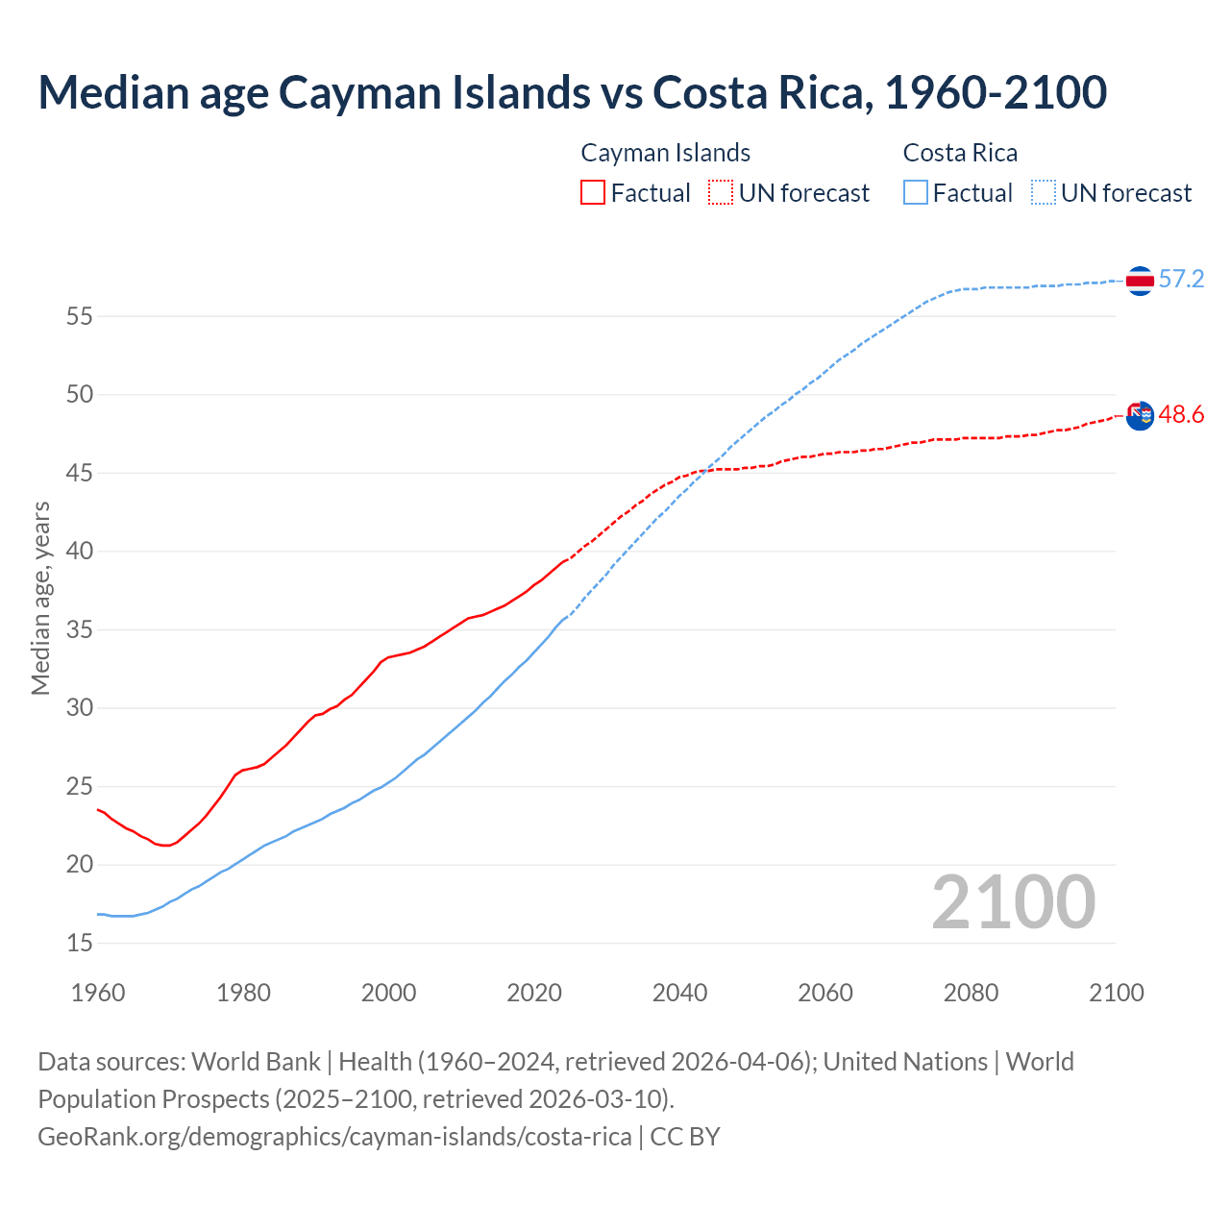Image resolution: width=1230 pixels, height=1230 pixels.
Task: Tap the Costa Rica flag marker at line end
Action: point(1139,281)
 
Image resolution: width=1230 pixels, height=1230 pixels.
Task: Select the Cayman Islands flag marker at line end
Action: point(1139,416)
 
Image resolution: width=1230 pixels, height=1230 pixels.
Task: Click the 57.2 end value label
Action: point(1181,280)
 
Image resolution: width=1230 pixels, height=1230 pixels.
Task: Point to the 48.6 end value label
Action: point(1181,415)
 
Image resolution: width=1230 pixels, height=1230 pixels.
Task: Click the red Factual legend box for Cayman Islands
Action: point(593,193)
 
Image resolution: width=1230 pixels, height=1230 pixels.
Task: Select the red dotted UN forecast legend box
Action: point(721,193)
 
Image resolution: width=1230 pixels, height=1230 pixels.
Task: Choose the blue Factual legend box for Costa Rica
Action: point(916,193)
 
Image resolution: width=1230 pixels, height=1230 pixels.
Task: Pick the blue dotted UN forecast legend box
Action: point(1043,193)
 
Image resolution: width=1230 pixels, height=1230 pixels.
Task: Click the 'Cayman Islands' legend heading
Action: point(665,154)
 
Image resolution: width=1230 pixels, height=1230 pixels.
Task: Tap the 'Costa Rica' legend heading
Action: point(960,154)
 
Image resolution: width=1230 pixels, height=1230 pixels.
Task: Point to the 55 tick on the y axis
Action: point(80,316)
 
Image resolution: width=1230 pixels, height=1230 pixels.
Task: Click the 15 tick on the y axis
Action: point(80,944)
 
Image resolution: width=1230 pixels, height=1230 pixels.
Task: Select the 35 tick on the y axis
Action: point(80,630)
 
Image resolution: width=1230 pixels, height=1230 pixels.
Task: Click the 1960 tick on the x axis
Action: point(98,993)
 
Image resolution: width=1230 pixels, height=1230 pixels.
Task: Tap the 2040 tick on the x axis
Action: point(679,993)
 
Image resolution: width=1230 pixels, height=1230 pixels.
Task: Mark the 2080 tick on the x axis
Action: point(971,993)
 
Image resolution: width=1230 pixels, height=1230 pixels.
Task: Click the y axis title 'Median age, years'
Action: point(40,598)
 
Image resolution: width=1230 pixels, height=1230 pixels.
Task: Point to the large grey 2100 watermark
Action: point(1013,902)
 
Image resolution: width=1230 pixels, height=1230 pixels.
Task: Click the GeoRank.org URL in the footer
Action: point(334,1137)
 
